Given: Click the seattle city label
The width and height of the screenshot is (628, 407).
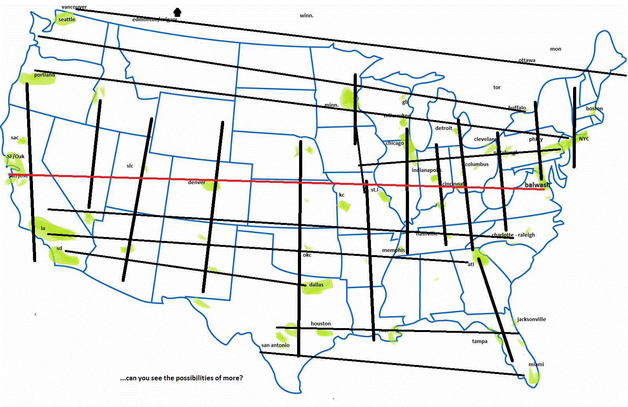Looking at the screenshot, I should coord(67,20).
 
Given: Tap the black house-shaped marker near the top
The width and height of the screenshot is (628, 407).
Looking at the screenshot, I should coord(177,12).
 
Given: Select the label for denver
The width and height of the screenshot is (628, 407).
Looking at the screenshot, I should coord(196,183).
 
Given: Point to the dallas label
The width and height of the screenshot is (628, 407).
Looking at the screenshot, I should coord(316,285).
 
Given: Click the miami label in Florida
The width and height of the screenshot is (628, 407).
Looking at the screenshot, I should coord(536,365).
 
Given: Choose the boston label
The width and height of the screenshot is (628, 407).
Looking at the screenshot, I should coord(594,109).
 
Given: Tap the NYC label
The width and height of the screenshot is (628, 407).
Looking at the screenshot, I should coord(584,139).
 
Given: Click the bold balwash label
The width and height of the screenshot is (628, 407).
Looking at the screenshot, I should coord(537,185).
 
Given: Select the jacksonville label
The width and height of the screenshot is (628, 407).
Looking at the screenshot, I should coord(531,319).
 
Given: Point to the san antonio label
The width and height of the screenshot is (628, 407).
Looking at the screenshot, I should coord(276,345).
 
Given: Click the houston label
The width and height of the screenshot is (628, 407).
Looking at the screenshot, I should coord(321,324).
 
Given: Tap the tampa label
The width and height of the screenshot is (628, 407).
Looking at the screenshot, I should coord(480,341).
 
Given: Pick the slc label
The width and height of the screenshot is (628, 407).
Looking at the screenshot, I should coord(130,166).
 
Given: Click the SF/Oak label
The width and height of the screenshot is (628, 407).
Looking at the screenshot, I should coord(16,157).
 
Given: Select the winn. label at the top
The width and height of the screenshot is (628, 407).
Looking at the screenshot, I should coord(307,16).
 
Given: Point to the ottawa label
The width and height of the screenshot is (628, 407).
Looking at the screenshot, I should coord(527,60).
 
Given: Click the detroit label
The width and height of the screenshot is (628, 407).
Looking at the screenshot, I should coord(444,128).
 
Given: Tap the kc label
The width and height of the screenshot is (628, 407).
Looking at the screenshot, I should coord(341,195).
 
